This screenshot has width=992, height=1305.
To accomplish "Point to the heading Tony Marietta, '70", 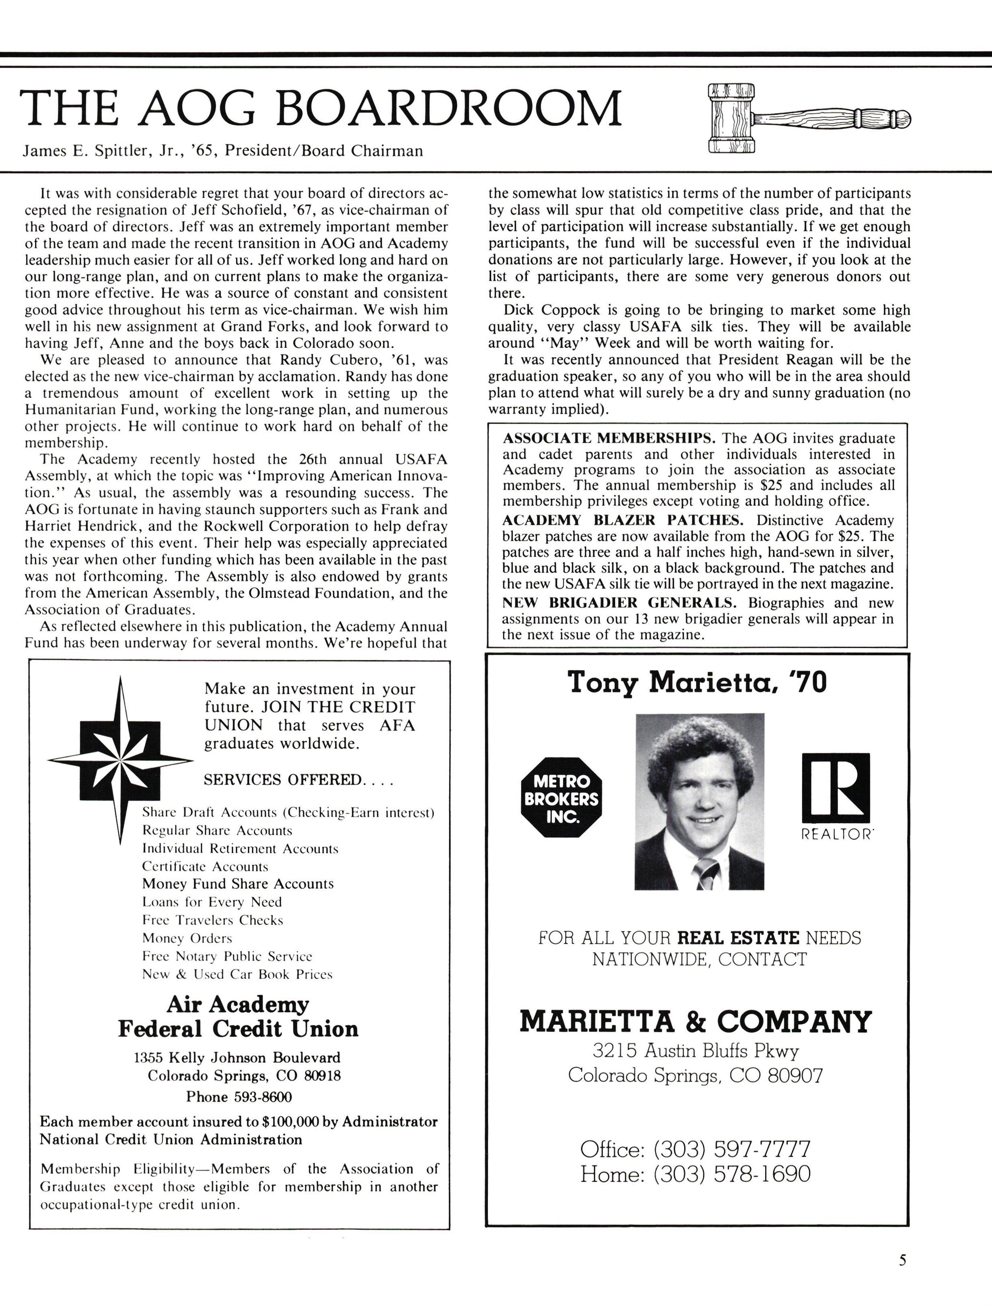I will [697, 683].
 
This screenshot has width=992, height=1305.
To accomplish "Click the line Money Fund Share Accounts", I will [238, 884].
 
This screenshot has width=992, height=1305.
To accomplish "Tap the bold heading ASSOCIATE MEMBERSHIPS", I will [609, 439].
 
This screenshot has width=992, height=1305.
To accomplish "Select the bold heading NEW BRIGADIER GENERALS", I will [619, 603].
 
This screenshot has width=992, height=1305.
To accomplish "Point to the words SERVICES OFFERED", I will [282, 780].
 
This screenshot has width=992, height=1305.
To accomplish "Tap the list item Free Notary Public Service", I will [227, 956].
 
